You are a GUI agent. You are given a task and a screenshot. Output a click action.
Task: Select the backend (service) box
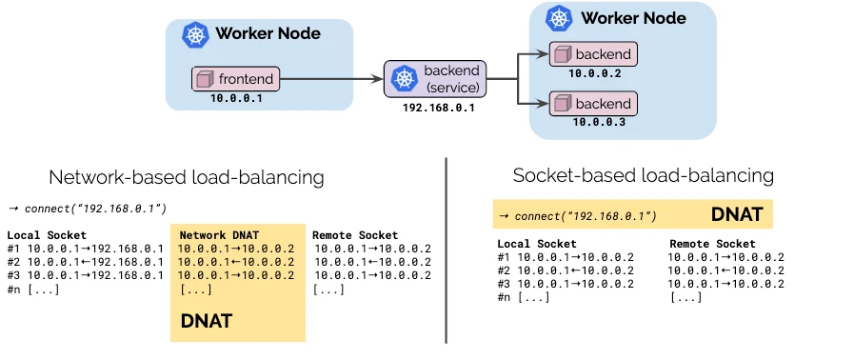point(436,79)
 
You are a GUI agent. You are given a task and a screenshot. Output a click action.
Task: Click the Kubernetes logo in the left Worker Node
point(197,36)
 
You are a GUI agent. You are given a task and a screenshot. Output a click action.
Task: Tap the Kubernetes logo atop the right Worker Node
point(560,18)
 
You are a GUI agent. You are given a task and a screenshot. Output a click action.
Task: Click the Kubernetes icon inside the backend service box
point(405,79)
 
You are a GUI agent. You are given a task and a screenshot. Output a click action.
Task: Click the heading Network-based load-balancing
point(187,177)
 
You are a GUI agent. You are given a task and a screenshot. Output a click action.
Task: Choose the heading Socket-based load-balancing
point(643,175)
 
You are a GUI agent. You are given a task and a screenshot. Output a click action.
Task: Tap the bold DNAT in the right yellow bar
point(736,214)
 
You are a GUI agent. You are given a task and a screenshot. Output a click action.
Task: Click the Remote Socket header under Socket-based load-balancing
point(712,244)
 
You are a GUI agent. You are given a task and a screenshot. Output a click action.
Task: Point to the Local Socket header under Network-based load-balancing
point(47,235)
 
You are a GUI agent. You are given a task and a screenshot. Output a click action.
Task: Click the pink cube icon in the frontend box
point(204,79)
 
